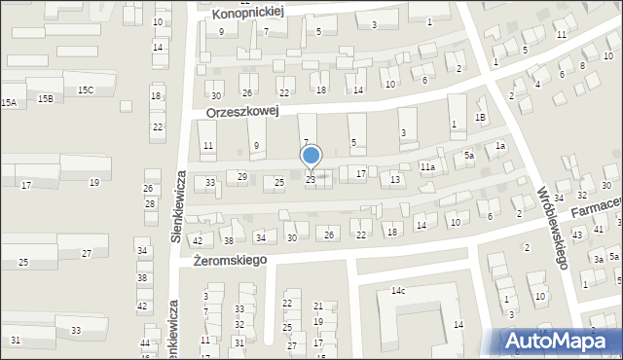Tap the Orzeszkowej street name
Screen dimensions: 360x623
(x=242, y=112)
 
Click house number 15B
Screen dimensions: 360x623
(x=45, y=99)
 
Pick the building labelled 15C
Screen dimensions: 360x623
(x=86, y=90)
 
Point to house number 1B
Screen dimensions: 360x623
(x=480, y=118)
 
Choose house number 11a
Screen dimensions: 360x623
(x=426, y=167)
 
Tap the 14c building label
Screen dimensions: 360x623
(x=398, y=291)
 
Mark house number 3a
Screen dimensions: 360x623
(x=600, y=260)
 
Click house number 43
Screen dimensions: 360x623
(x=576, y=235)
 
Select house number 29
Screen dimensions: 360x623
(x=242, y=176)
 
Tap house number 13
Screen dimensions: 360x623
(x=395, y=180)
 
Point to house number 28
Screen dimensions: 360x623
(x=150, y=203)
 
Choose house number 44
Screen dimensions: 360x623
(x=145, y=344)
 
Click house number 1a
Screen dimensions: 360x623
(x=500, y=146)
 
